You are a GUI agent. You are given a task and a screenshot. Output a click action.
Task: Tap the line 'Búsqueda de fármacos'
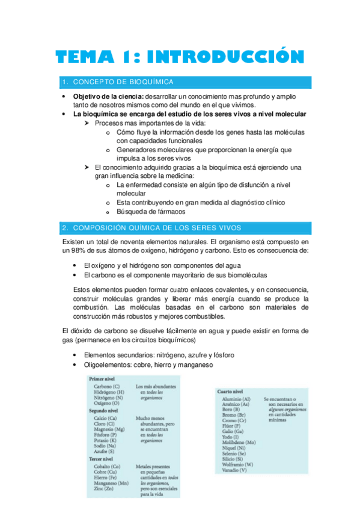coord(151,212)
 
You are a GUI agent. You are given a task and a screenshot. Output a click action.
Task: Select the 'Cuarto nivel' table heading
coord(230,392)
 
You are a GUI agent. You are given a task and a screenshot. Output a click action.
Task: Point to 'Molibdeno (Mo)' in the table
coord(238,443)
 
